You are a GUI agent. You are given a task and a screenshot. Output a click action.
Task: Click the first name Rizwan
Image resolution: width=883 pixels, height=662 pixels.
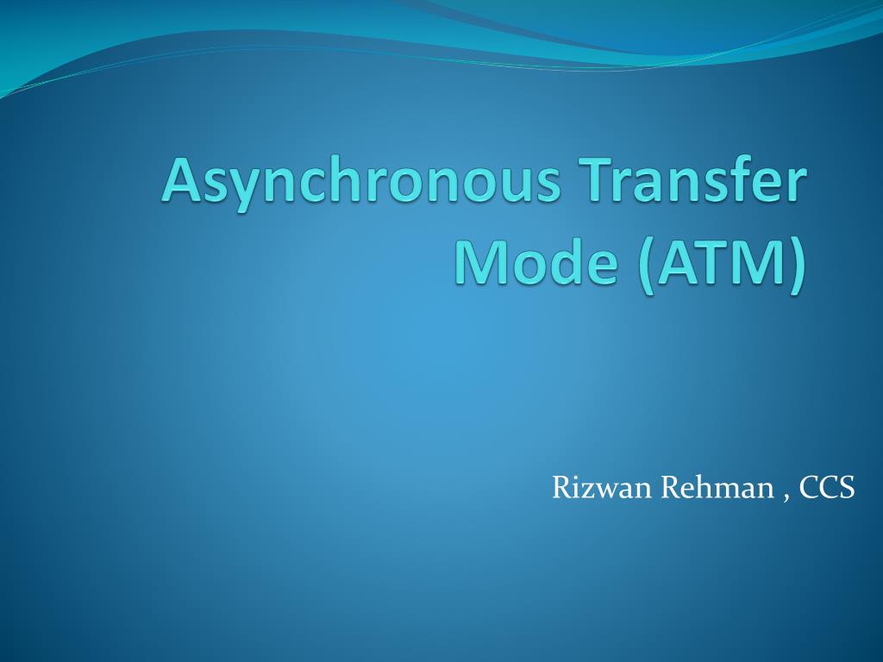pyautogui.click(x=602, y=488)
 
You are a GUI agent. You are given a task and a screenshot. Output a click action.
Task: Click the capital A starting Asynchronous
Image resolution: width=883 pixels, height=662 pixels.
pyautogui.click(x=182, y=181)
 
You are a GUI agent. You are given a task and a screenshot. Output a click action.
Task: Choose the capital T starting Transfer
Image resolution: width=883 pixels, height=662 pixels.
pyautogui.click(x=602, y=181)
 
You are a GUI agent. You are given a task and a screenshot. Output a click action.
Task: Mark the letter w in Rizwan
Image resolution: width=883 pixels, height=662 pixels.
pyautogui.click(x=604, y=491)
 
